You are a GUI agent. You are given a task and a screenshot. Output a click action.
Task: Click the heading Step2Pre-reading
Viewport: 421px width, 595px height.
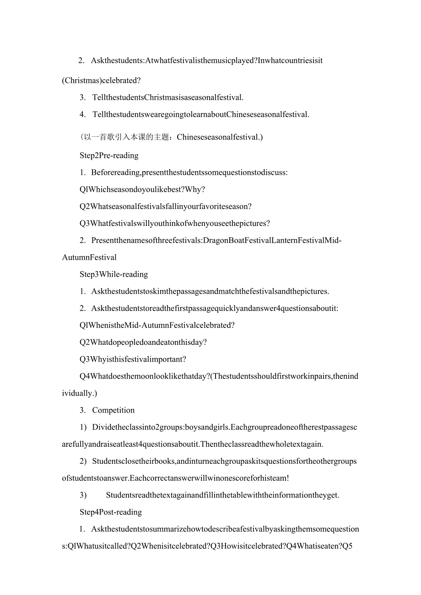(109, 155)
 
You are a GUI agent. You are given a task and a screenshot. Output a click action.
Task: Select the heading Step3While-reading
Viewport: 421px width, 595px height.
(113, 274)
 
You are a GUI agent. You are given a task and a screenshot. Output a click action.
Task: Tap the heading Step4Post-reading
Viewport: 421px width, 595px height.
(111, 512)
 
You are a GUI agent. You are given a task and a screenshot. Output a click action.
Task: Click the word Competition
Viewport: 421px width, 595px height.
(113, 410)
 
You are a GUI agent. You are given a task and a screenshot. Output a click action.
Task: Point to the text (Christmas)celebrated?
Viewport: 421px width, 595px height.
(101, 80)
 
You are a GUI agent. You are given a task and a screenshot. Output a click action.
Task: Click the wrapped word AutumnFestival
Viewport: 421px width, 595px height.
(89, 257)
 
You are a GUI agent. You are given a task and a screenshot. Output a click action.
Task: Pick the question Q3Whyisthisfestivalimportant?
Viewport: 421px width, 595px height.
(133, 359)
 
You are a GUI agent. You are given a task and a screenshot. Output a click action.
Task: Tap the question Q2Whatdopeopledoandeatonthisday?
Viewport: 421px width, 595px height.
(143, 343)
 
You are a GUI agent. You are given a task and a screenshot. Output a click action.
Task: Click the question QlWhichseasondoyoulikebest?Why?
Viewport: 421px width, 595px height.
(142, 189)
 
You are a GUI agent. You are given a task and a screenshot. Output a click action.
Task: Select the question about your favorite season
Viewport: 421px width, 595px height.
(165, 207)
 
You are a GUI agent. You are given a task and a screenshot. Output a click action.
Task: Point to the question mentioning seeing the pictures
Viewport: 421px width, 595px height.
(174, 224)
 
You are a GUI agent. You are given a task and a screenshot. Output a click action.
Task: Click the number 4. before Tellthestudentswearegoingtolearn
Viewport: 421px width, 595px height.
(82, 114)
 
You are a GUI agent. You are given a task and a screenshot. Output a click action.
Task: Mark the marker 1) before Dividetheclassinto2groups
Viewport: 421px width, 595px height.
(83, 428)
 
